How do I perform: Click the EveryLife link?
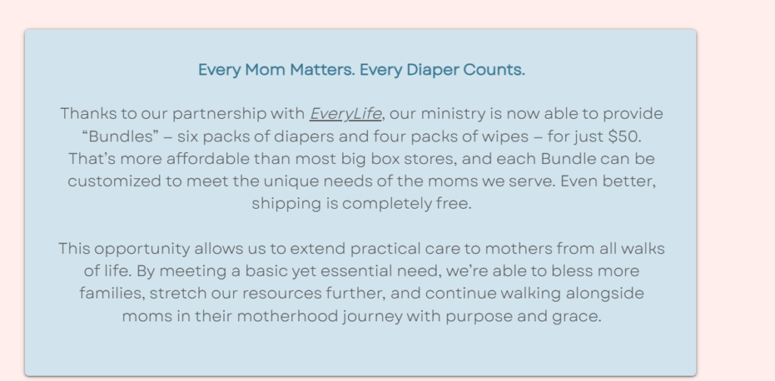coord(345,114)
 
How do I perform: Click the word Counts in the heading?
coord(496,70)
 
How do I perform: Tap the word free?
coord(453,204)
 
